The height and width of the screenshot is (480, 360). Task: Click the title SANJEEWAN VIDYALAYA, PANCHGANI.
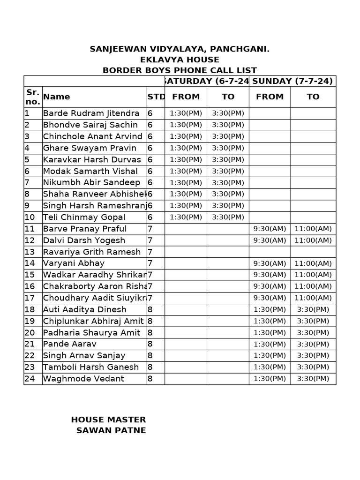(180, 49)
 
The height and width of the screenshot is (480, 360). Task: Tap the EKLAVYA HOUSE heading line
(180, 60)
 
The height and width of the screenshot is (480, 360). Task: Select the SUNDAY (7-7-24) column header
(292, 81)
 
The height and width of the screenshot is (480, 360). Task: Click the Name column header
(57, 97)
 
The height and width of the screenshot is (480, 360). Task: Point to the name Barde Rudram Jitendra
(91, 113)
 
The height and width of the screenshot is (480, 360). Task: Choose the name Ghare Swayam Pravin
(90, 148)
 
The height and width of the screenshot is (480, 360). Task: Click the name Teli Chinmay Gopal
(84, 217)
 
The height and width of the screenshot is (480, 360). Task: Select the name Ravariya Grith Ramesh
(91, 252)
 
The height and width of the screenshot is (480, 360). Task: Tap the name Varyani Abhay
(74, 263)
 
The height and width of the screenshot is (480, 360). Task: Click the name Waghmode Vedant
(83, 379)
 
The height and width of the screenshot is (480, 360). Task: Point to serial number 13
(30, 252)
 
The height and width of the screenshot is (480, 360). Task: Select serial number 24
(30, 379)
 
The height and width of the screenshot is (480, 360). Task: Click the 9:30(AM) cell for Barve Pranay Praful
(270, 229)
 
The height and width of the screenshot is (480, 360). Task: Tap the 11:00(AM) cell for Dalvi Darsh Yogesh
(313, 240)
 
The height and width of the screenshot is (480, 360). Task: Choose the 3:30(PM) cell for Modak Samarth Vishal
(228, 171)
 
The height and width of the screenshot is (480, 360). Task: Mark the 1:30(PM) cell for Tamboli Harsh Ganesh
(270, 367)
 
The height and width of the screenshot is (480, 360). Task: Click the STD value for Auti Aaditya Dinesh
(150, 309)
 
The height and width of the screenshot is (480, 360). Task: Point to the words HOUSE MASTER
(108, 420)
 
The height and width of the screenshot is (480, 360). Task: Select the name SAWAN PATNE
(111, 430)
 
